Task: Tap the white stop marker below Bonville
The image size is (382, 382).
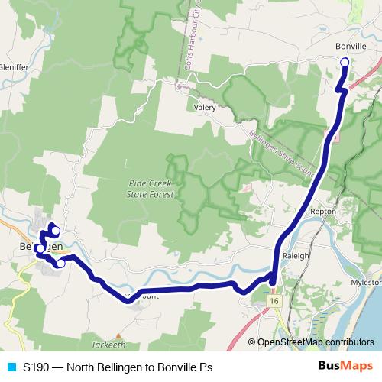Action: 344,63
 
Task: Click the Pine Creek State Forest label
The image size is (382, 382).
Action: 151,189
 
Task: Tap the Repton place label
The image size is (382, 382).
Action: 323,212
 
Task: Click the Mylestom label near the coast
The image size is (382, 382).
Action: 364,281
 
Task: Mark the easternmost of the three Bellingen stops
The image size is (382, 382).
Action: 61,264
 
